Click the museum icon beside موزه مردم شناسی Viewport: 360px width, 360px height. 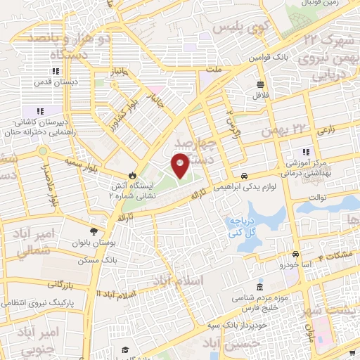260,288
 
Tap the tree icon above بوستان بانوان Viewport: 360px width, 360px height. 94,231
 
